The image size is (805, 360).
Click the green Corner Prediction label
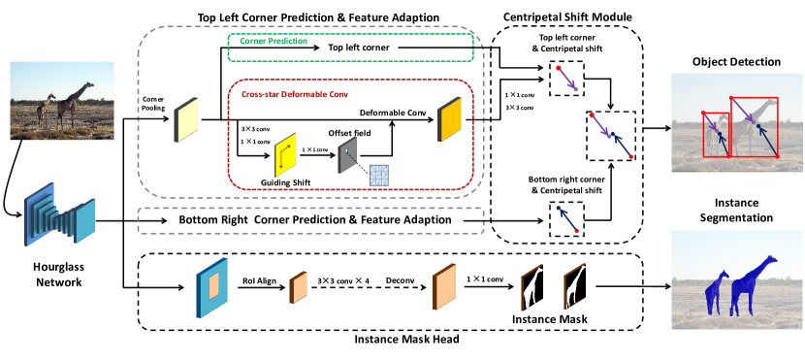tap(274, 42)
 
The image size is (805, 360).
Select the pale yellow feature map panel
tap(186, 119)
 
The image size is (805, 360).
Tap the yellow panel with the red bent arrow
tap(284, 155)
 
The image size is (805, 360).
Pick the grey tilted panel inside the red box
tap(347, 155)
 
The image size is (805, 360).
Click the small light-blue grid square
tap(378, 175)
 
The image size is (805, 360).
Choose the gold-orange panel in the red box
tap(450, 120)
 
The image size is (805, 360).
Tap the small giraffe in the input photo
tap(45, 110)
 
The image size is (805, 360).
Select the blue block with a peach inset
tap(212, 287)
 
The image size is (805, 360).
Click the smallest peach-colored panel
tap(298, 287)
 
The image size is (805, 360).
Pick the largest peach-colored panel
tap(444, 287)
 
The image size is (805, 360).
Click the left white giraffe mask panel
tap(531, 287)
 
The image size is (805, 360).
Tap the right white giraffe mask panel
tap(574, 286)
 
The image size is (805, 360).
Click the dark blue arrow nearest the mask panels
tap(566, 218)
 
